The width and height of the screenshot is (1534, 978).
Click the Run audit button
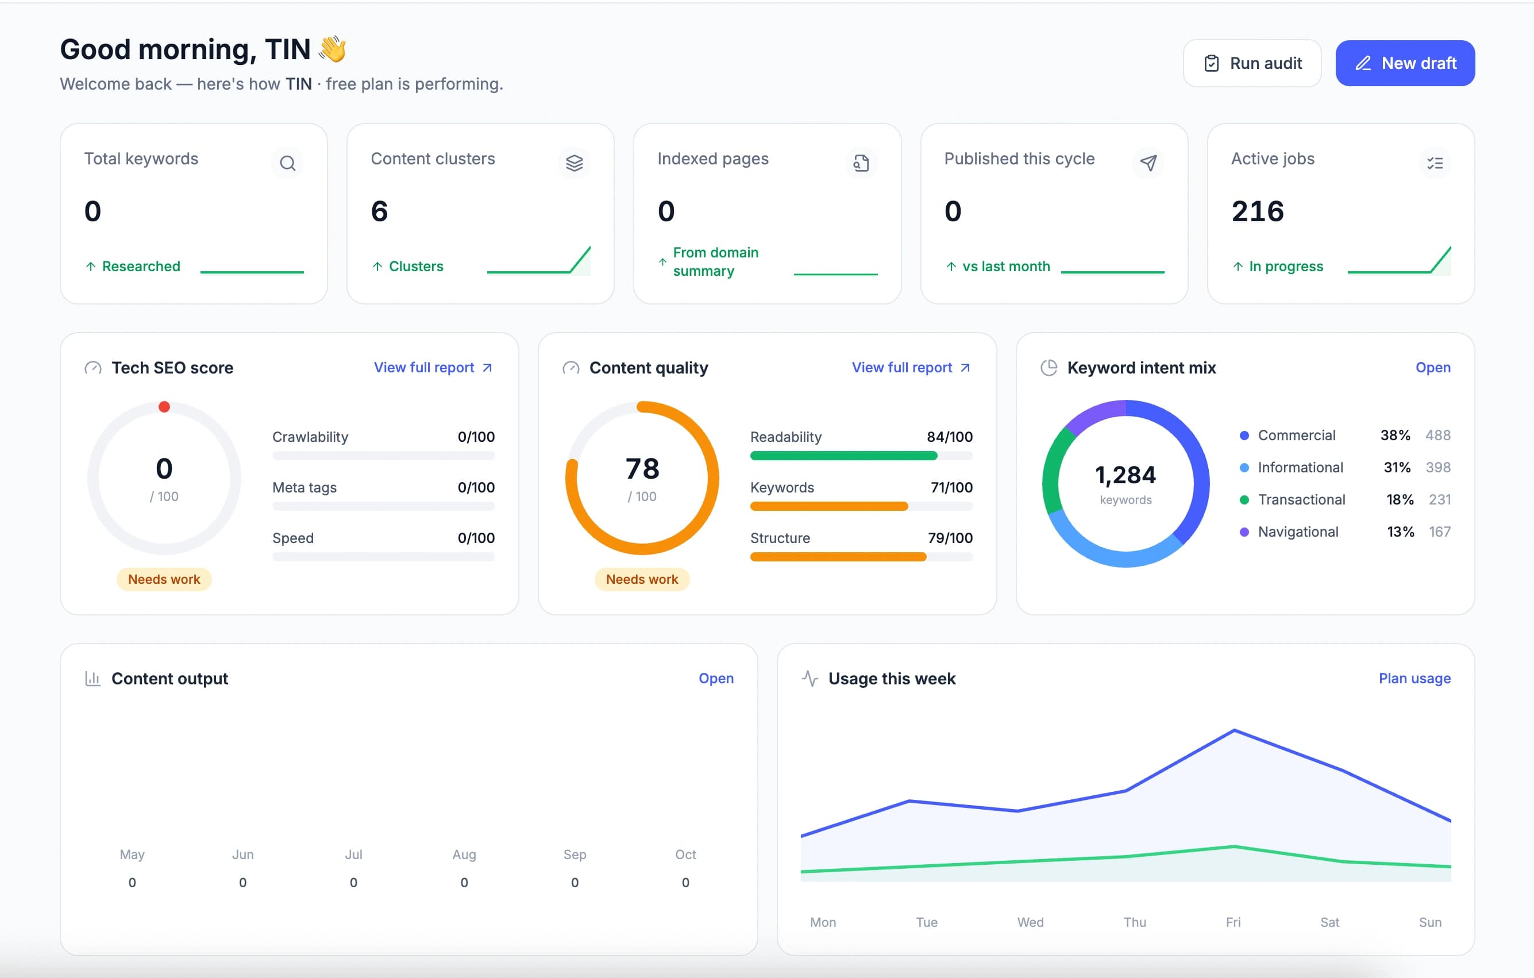point(1252,63)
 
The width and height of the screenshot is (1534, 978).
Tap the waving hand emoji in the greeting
point(333,49)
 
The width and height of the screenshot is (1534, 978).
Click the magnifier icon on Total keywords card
point(287,163)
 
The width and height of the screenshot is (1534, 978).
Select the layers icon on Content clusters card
point(574,163)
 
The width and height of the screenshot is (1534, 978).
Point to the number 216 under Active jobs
point(1258,211)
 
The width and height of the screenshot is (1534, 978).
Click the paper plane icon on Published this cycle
point(1148,163)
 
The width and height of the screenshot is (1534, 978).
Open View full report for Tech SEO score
point(433,368)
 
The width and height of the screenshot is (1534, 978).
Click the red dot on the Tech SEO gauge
point(164,406)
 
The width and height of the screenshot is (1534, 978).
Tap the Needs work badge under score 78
point(642,579)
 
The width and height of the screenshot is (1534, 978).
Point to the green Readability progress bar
point(843,456)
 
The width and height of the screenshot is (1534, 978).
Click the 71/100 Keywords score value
point(952,487)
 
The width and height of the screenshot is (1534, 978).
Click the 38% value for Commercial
point(1395,435)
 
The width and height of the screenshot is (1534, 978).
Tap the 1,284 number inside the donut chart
point(1126,475)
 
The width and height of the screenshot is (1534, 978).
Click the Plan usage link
point(1415,679)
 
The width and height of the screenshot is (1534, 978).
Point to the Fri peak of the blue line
point(1235,730)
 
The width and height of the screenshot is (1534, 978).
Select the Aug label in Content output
point(464,854)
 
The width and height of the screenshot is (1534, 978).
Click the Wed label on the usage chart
point(1030,922)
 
